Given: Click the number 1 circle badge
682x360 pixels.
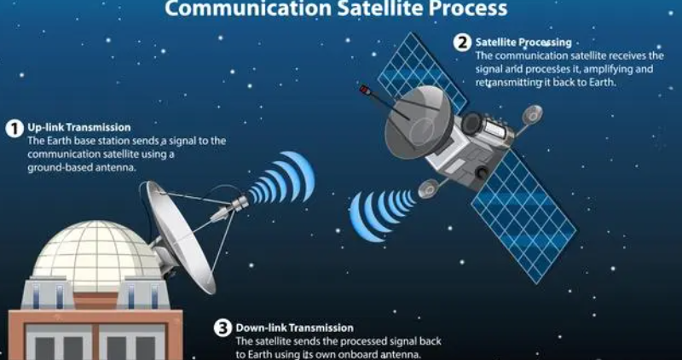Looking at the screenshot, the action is pos(14,129).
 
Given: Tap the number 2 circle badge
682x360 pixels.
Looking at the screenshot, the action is pos(462,43).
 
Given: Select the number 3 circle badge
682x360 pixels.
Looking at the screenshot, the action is pos(223,328).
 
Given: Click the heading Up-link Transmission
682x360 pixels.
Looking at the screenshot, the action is pos(79,128).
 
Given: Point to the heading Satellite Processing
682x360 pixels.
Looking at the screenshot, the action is pos(523,42).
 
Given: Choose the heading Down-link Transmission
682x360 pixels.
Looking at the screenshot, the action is pos(294,328).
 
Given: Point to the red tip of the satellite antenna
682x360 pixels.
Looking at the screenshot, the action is pos(364,90).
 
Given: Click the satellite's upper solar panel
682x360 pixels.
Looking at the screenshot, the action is pos(421,72).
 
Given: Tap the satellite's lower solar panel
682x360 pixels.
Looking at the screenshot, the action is pos(523,216).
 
